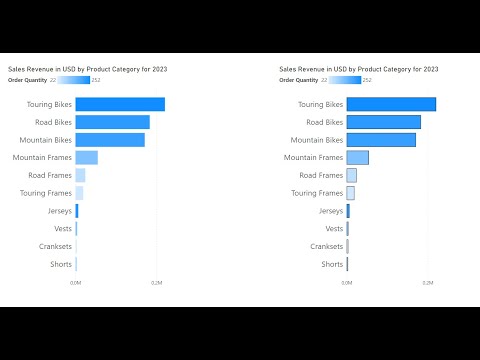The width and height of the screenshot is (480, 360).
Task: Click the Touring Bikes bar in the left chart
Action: (120, 104)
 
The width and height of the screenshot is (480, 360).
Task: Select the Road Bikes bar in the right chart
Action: (383, 122)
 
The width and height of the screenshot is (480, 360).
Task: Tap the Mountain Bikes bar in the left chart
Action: (110, 140)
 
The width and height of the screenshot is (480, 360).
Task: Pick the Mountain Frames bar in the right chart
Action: (357, 157)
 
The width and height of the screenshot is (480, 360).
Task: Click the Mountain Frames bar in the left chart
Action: (86, 157)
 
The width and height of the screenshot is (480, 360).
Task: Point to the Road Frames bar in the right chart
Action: (351, 175)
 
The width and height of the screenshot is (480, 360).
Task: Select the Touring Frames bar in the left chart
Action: (79, 193)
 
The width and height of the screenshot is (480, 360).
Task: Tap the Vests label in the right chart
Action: (332, 229)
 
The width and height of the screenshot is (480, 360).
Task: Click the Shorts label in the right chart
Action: (332, 264)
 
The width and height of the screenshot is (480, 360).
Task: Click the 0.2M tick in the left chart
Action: (157, 284)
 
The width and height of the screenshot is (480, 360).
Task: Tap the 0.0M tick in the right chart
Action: (346, 284)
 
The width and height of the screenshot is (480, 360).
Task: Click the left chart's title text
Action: (87, 69)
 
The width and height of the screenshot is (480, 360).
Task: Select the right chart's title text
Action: (358, 69)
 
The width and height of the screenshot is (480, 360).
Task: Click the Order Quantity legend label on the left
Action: (27, 80)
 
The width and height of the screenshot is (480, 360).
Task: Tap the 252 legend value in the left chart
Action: (96, 80)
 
